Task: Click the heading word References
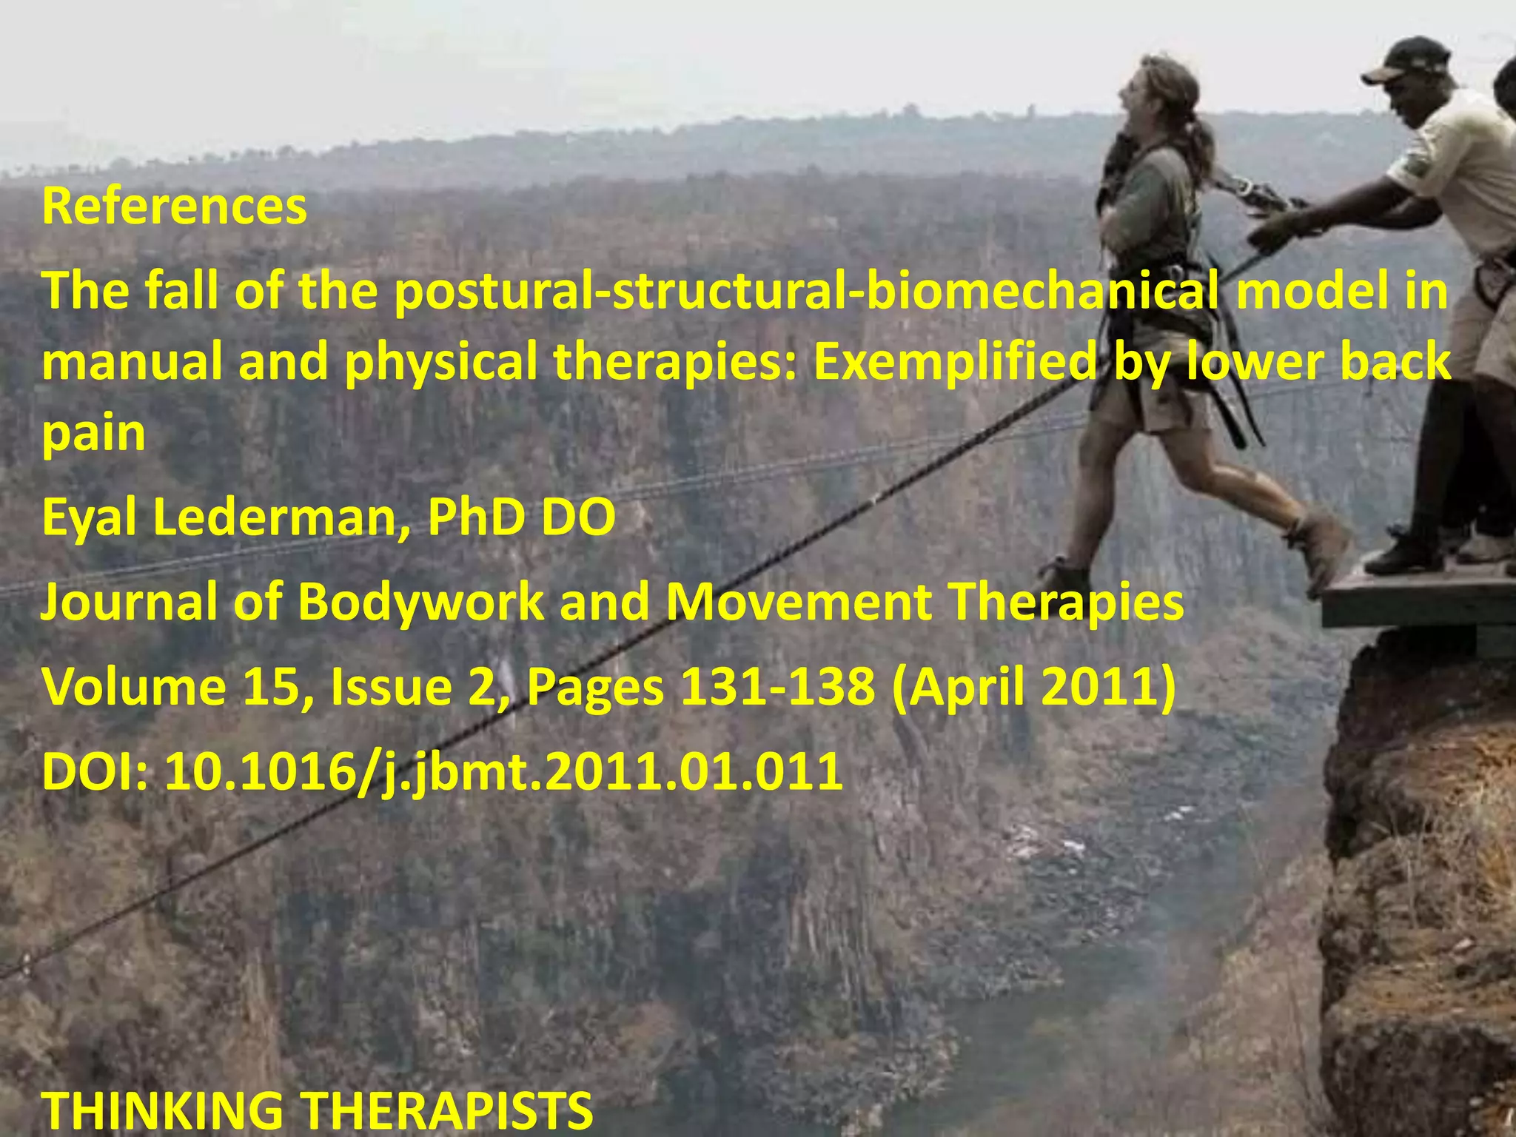(174, 207)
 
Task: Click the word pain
(93, 433)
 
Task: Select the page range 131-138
(777, 687)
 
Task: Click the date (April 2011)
(1033, 687)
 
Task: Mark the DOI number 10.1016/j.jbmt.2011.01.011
(503, 771)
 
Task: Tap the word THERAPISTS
(449, 1110)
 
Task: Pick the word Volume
(133, 687)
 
